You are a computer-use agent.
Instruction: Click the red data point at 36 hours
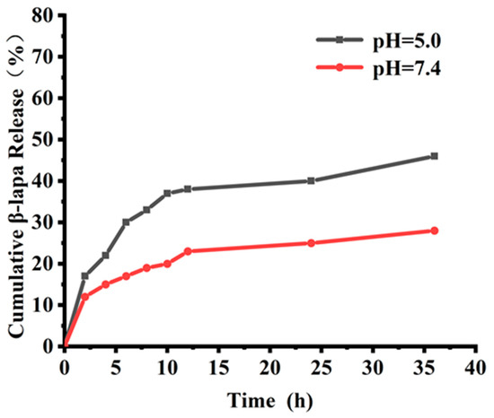pyautogui.click(x=435, y=231)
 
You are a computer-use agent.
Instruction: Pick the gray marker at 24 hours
pyautogui.click(x=311, y=180)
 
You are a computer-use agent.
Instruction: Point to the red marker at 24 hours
pyautogui.click(x=311, y=243)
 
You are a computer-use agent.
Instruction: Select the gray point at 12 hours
pyautogui.click(x=188, y=189)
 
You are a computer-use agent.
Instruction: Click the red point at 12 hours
pyautogui.click(x=188, y=251)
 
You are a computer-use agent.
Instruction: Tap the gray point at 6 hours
pyautogui.click(x=126, y=222)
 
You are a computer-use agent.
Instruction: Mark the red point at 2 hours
pyautogui.click(x=84, y=296)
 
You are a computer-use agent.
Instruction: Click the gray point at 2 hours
pyautogui.click(x=84, y=276)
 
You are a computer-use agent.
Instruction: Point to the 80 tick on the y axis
pyautogui.click(x=46, y=15)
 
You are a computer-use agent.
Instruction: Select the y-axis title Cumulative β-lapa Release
pyautogui.click(x=17, y=179)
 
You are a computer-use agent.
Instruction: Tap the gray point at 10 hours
pyautogui.click(x=167, y=193)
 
